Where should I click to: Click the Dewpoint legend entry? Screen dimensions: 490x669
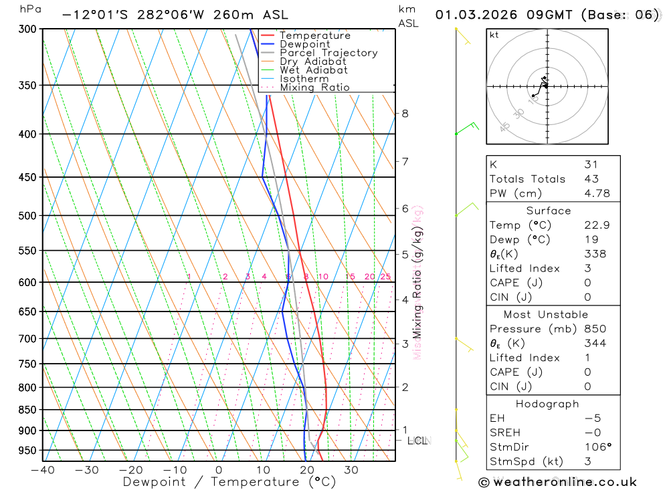tap(304, 44)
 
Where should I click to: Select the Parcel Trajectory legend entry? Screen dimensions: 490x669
tap(328, 53)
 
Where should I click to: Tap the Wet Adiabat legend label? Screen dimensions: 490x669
tap(313, 70)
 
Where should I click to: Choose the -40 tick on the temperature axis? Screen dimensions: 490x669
tap(42, 469)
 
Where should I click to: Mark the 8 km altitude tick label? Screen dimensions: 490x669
tap(405, 113)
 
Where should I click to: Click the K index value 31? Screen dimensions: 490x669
tap(591, 164)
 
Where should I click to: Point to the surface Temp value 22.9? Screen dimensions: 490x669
tap(595, 225)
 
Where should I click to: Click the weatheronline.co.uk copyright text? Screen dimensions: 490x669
tap(558, 481)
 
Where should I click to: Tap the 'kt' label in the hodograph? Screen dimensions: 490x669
tap(494, 35)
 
